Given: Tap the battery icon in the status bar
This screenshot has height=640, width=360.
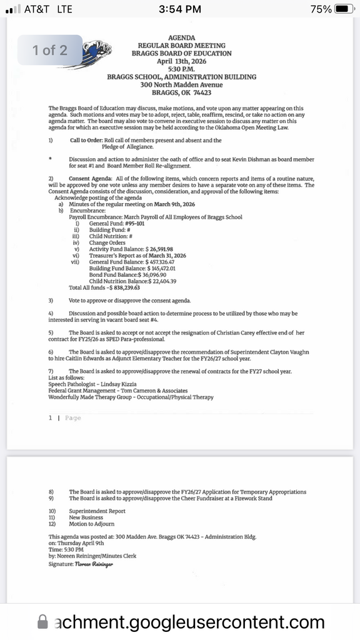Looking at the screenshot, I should (x=344, y=9).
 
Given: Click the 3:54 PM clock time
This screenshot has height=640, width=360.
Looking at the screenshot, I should (x=180, y=9).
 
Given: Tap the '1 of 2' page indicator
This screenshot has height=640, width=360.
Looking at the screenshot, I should (x=50, y=50).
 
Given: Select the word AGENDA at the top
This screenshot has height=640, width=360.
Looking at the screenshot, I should (x=182, y=38).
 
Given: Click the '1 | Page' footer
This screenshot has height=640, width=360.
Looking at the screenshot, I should (x=65, y=417).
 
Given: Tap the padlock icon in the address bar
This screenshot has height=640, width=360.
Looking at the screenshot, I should (x=43, y=622).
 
